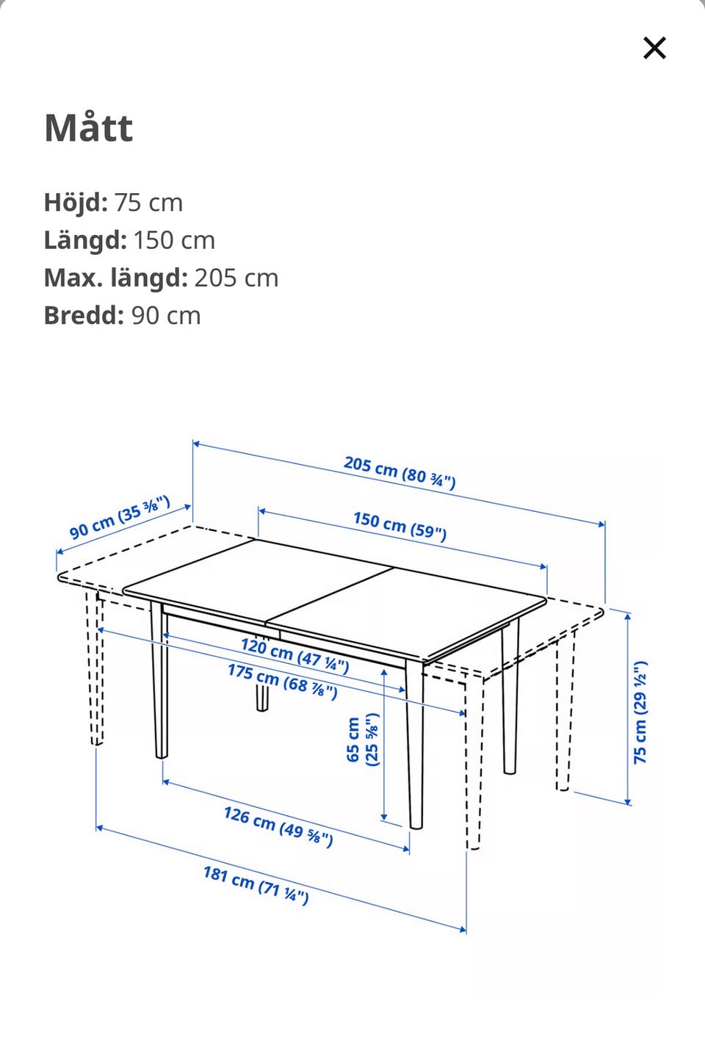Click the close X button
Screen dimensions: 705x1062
(654, 48)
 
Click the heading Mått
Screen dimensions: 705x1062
(89, 127)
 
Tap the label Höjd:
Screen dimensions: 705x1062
(76, 202)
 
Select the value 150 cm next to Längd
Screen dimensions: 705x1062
(174, 240)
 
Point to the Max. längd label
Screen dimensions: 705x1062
(116, 278)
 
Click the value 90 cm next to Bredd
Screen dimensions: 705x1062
(166, 315)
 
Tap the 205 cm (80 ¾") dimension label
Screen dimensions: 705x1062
(399, 472)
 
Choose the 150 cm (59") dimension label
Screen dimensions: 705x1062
(399, 526)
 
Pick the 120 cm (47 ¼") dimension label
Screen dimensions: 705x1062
(295, 656)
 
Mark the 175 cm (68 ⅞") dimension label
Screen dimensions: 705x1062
(283, 682)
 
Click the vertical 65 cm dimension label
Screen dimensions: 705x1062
(363, 739)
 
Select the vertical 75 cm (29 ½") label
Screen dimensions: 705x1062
(640, 712)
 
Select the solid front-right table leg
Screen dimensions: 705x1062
(415, 744)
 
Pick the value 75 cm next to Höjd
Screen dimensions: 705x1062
(148, 203)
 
